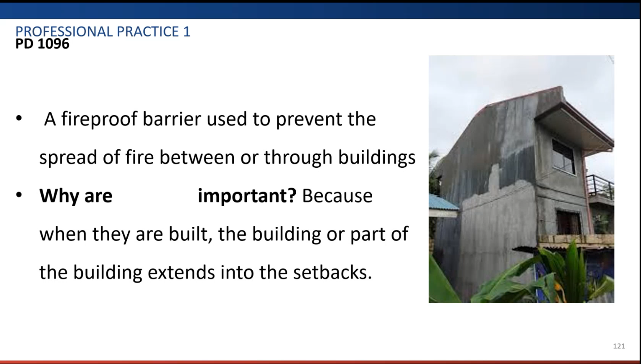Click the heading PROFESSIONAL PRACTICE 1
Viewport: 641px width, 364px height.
pos(103,31)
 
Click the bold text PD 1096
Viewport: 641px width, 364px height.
pos(42,44)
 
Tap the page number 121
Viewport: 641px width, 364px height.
pos(619,346)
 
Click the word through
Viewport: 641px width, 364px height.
pos(298,157)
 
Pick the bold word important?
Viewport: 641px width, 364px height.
pos(247,196)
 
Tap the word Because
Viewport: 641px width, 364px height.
pos(338,196)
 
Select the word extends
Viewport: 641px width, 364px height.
pos(181,272)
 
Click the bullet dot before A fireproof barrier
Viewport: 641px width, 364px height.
pos(19,118)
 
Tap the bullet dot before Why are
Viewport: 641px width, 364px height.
pos(19,195)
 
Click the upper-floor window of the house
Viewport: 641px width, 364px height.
pos(563,157)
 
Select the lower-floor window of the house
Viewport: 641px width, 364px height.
pos(568,223)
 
